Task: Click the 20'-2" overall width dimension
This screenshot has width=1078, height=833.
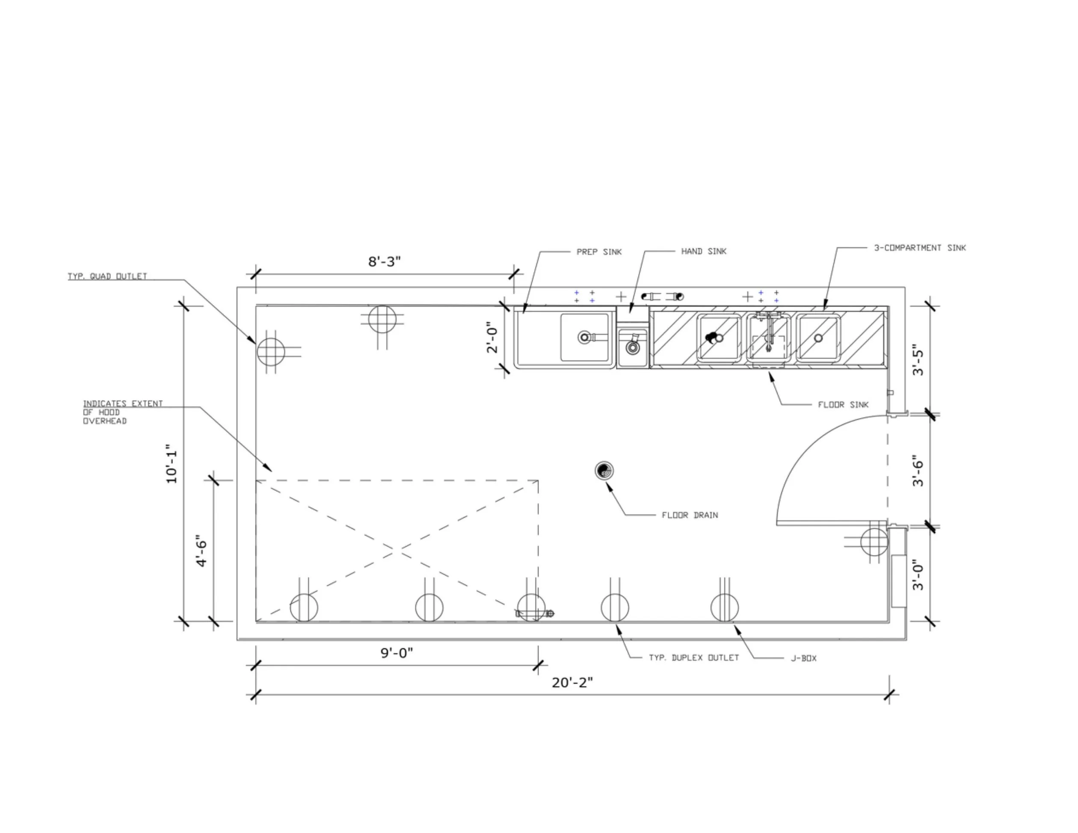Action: [572, 682]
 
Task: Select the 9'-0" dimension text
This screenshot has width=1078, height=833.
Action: [397, 653]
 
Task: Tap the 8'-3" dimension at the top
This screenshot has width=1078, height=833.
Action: [385, 261]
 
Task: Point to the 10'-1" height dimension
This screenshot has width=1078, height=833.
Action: [171, 467]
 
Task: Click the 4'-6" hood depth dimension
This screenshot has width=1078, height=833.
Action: [201, 551]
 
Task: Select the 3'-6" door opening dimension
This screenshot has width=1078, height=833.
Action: [918, 471]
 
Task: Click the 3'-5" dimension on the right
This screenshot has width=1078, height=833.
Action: [918, 359]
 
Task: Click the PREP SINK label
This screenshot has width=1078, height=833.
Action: [599, 252]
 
